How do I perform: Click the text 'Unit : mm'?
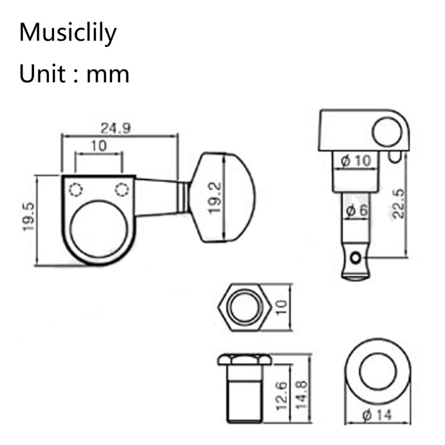coord(74,73)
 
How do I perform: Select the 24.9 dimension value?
coord(115,128)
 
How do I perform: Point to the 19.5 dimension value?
coord(29,217)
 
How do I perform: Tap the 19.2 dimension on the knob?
coord(215,198)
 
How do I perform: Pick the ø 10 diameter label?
coord(356,161)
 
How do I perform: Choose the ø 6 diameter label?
coord(356,211)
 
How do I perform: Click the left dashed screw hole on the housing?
coord(76,190)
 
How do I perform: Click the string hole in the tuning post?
coord(356,258)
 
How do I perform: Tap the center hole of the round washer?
coord(377,372)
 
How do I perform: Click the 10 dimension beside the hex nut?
coord(282,307)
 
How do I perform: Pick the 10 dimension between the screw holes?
coord(99,146)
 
